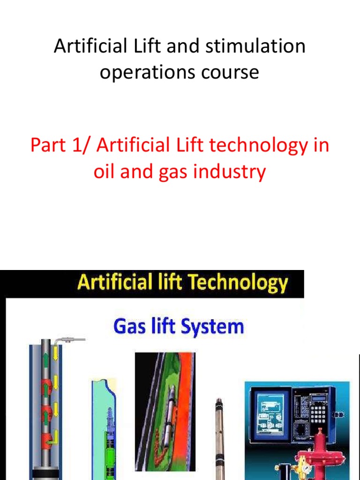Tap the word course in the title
point(233,72)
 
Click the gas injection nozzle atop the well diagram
point(75,338)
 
